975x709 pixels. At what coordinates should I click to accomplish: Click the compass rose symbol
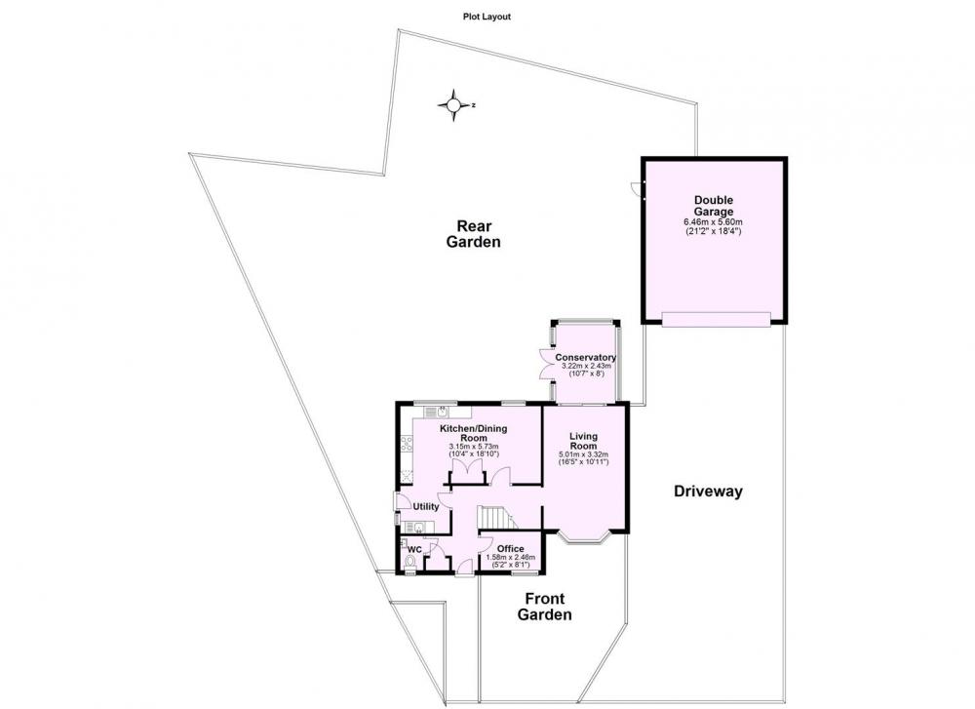pyautogui.click(x=453, y=105)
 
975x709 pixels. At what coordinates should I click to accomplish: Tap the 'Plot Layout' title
pyautogui.click(x=487, y=17)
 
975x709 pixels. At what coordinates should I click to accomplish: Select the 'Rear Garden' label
pyautogui.click(x=473, y=234)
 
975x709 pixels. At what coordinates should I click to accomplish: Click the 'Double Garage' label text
pyautogui.click(x=714, y=206)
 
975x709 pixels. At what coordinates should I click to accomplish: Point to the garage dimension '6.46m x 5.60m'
pyautogui.click(x=714, y=222)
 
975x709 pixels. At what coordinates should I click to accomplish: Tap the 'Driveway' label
pyautogui.click(x=708, y=492)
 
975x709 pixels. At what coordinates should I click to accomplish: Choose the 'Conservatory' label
pyautogui.click(x=586, y=358)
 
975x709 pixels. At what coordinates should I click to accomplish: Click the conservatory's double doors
pyautogui.click(x=548, y=364)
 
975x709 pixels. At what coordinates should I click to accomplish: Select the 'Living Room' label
pyautogui.click(x=583, y=441)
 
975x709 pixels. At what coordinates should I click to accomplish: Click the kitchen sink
pyautogui.click(x=441, y=412)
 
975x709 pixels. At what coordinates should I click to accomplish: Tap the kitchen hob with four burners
pyautogui.click(x=407, y=444)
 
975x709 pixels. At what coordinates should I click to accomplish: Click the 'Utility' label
pyautogui.click(x=426, y=506)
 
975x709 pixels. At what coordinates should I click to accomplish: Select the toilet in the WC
pyautogui.click(x=409, y=563)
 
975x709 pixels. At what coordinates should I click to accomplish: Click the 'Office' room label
pyautogui.click(x=511, y=548)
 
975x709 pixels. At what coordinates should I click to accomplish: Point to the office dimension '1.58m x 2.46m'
pyautogui.click(x=511, y=557)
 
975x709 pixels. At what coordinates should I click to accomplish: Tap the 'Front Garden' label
pyautogui.click(x=545, y=607)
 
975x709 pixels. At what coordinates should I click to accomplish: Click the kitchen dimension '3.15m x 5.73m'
pyautogui.click(x=474, y=447)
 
